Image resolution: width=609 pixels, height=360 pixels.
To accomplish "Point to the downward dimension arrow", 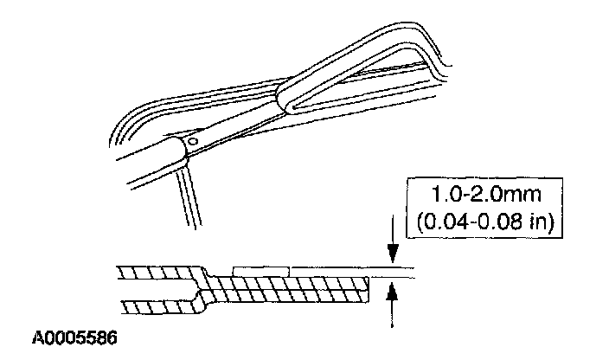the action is coord(394,252).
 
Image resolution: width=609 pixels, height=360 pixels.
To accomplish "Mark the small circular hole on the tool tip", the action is coord(196,141).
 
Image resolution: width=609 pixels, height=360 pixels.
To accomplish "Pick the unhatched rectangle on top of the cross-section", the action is coord(261,270).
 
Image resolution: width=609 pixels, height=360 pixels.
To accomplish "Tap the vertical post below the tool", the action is coord(187,199).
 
